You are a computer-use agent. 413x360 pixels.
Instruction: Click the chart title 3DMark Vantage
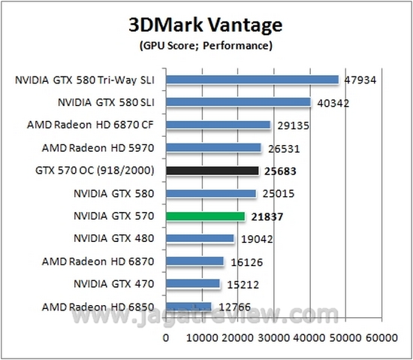(206, 26)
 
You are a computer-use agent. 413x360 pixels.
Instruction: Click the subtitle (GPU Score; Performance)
(206, 47)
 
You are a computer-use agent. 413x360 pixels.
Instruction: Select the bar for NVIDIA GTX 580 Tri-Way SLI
(252, 80)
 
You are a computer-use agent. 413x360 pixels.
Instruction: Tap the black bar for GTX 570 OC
(213, 171)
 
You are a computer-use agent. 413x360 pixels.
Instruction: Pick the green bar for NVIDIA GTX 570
(206, 216)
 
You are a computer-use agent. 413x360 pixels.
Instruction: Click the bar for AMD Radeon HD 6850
(188, 307)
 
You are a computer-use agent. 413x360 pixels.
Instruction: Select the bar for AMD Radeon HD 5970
(213, 148)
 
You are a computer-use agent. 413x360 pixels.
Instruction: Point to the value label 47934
(360, 80)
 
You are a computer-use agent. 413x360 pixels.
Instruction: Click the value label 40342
(332, 103)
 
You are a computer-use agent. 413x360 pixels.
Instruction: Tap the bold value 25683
(282, 171)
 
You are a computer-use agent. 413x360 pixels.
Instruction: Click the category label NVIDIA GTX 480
(113, 239)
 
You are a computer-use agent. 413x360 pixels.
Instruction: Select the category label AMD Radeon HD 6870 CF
(95, 126)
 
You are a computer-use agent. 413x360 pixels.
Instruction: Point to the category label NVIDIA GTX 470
(113, 284)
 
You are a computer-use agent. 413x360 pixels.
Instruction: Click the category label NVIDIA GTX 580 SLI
(105, 103)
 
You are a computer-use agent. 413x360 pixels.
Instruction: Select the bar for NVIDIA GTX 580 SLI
(238, 102)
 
